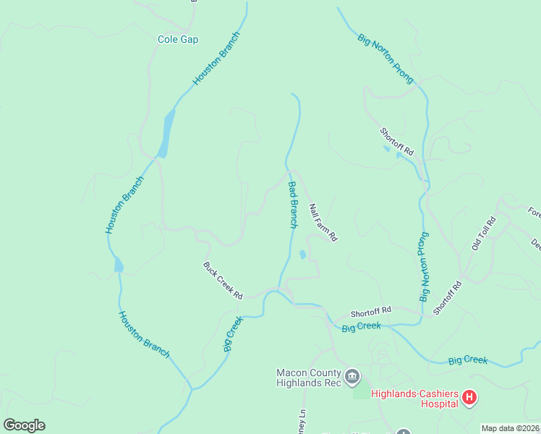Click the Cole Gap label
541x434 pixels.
[178, 40]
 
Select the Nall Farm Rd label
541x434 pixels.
[323, 222]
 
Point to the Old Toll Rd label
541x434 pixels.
[484, 234]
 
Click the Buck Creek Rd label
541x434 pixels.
[222, 281]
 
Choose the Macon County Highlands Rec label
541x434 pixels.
[307, 378]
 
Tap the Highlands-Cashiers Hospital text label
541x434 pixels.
[414, 399]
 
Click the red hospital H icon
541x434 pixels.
[469, 397]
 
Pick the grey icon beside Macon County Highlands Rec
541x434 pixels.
[352, 376]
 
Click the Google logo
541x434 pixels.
[24, 425]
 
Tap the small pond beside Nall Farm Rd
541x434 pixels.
[302, 255]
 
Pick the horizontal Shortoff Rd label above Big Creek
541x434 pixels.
[370, 312]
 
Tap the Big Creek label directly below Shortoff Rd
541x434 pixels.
[361, 327]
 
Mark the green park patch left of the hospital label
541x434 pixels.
[359, 392]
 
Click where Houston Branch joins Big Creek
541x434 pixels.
[191, 388]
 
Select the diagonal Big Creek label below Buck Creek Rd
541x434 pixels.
[232, 333]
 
